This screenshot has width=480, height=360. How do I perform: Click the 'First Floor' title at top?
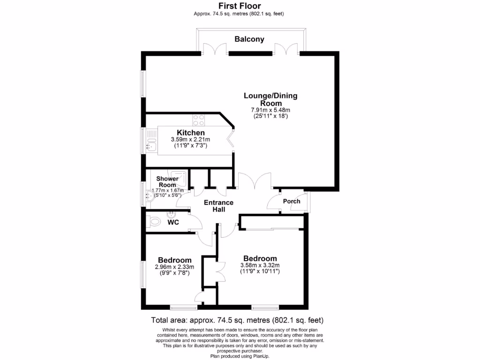click(x=240, y=6)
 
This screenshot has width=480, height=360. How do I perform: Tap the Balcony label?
click(x=249, y=39)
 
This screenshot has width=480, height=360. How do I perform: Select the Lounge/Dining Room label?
click(x=270, y=99)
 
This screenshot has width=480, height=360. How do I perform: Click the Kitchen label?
click(x=190, y=133)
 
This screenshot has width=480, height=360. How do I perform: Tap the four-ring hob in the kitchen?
click(x=199, y=120)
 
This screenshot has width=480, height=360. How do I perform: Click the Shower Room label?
click(x=167, y=182)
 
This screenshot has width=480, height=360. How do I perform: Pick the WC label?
click(x=173, y=223)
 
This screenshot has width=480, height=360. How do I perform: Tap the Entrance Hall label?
click(x=218, y=206)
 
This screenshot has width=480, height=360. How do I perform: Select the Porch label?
click(x=292, y=201)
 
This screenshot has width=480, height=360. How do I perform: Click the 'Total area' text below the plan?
click(x=237, y=321)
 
